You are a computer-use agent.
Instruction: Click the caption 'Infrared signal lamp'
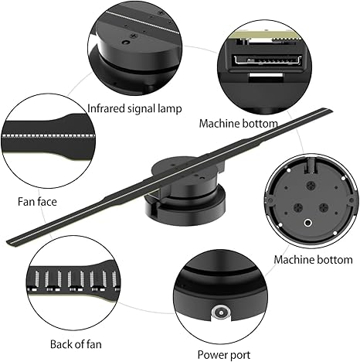pyautogui.click(x=134, y=108)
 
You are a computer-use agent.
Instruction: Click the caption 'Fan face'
pyautogui.click(x=37, y=202)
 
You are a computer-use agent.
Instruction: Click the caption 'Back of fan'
pyautogui.click(x=76, y=344)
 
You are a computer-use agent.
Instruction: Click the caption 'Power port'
pyautogui.click(x=224, y=355)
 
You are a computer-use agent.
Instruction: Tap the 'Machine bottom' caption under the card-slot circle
pyautogui.click(x=239, y=124)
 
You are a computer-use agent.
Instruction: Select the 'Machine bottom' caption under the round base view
pyautogui.click(x=313, y=259)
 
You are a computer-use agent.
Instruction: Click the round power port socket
pyautogui.click(x=221, y=312)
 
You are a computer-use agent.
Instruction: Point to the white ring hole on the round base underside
pyautogui.click(x=307, y=223)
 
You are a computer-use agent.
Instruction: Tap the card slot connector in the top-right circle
pyautogui.click(x=267, y=61)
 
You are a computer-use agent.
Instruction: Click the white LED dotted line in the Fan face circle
pyautogui.click(x=49, y=135)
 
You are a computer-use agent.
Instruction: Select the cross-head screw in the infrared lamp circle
pyautogui.click(x=133, y=36)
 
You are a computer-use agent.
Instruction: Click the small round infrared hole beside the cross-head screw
pyautogui.click(x=126, y=42)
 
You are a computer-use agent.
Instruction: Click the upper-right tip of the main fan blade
pyautogui.click(x=331, y=110)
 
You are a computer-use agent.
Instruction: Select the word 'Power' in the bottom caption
pyautogui.click(x=212, y=354)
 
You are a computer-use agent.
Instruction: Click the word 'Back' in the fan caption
pyautogui.click(x=61, y=344)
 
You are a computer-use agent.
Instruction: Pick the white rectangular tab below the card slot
pyautogui.click(x=266, y=76)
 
